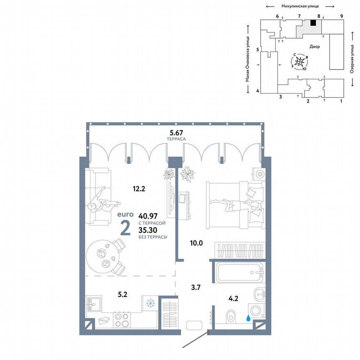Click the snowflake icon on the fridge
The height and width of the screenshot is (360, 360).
[x=149, y=303]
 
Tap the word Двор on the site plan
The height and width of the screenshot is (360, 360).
[x=315, y=47]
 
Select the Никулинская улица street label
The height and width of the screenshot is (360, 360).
[x=300, y=6]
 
